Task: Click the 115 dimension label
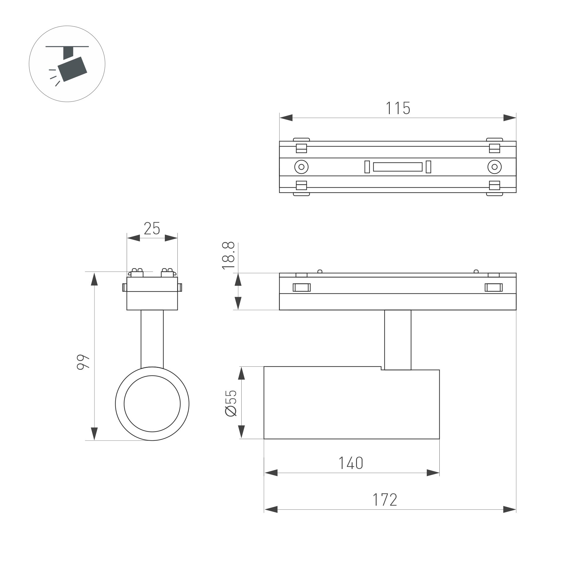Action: [x=398, y=108]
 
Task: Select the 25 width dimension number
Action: [x=152, y=229]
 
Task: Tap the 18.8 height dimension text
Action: [x=228, y=255]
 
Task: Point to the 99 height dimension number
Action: [x=83, y=362]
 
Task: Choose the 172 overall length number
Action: [x=385, y=500]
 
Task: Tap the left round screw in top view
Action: [x=301, y=167]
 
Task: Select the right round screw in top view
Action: [x=494, y=167]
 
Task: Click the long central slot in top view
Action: [x=398, y=167]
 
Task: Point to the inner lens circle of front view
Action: [x=152, y=404]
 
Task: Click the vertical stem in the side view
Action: [x=398, y=340]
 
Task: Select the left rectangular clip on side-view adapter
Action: [x=302, y=287]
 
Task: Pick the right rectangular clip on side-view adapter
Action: [x=494, y=287]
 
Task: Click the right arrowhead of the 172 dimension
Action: [x=509, y=509]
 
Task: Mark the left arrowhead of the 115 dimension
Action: [x=286, y=118]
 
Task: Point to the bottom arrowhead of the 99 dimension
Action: [x=94, y=433]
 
